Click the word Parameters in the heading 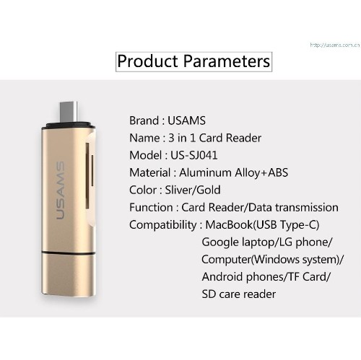click(227, 61)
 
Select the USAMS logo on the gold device click(61, 192)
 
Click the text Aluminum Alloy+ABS click(223, 172)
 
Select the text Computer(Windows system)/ click(272, 259)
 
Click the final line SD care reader click(238, 294)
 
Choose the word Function click(150, 207)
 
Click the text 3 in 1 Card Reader click(215, 138)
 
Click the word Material click(149, 172)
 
